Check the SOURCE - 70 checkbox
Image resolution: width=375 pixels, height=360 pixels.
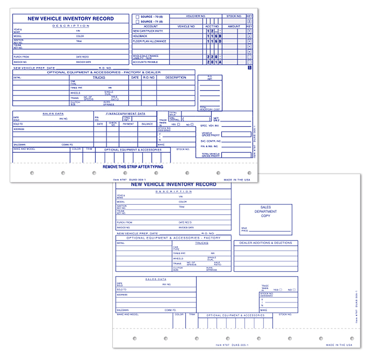[137, 17]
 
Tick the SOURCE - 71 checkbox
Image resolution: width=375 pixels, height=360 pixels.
[137, 22]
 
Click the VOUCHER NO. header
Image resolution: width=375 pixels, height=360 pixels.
[196, 16]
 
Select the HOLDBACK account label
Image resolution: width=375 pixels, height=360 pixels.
[140, 36]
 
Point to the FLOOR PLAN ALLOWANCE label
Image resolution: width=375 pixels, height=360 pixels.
[149, 41]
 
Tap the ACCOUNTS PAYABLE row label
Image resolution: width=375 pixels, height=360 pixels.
[145, 62]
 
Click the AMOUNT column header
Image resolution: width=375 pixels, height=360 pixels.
[234, 26]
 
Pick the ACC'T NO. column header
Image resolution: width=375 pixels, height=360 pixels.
[212, 26]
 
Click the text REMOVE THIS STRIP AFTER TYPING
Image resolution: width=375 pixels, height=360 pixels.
[133, 167]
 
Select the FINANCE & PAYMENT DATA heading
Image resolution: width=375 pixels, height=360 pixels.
[125, 114]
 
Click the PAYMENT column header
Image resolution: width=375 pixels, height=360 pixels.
[128, 124]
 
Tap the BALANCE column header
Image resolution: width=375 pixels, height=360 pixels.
[147, 124]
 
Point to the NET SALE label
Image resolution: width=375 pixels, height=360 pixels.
[216, 119]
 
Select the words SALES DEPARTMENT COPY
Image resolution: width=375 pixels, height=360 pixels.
[265, 211]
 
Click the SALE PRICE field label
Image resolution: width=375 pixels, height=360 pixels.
[244, 229]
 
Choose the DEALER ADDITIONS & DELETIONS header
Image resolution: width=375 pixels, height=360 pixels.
[265, 243]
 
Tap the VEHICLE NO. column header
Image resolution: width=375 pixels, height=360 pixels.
[186, 26]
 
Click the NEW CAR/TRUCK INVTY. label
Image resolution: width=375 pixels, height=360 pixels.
[148, 31]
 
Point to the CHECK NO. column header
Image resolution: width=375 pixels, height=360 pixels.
[113, 123]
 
